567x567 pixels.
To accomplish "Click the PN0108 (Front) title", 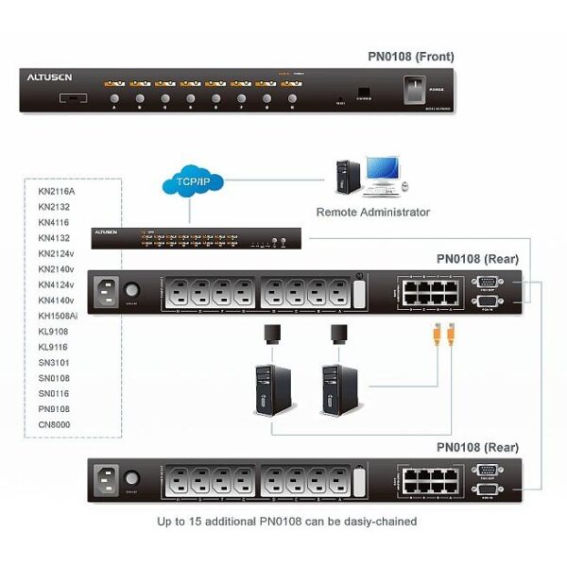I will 410,57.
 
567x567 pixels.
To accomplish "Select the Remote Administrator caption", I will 372,213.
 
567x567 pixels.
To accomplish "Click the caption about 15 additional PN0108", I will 286,521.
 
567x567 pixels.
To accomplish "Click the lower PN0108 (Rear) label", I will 477,446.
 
